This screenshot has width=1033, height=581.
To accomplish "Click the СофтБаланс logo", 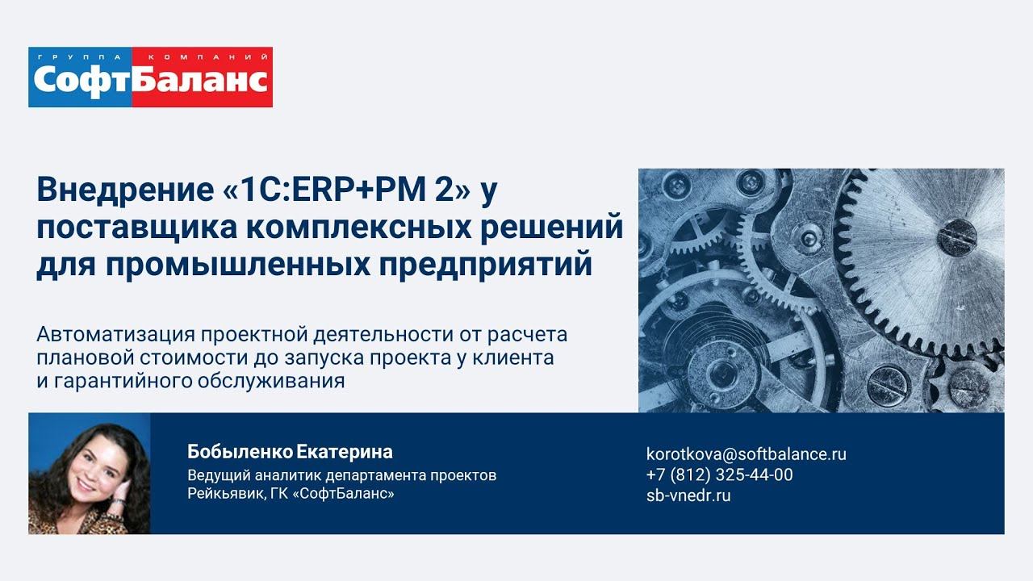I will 150,77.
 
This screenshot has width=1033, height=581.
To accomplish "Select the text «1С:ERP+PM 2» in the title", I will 344,191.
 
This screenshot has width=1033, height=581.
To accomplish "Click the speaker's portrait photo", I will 89,474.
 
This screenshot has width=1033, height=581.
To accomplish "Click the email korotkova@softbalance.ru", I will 746,454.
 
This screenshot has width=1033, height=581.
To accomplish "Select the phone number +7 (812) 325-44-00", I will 719,474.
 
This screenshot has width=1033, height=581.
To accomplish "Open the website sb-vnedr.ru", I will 688,495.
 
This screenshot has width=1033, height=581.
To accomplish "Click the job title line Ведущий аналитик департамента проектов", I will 341,475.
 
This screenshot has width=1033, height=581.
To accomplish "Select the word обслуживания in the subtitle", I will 270,381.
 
